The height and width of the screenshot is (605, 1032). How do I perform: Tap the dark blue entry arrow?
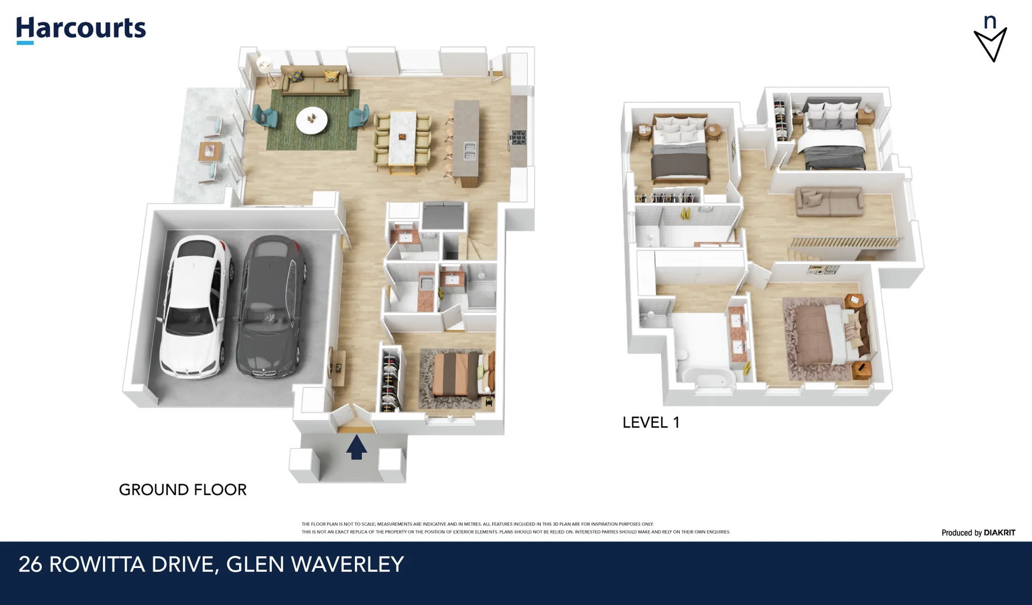356,447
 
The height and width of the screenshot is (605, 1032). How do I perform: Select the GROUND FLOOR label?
183,490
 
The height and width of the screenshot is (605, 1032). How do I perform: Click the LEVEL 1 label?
651,422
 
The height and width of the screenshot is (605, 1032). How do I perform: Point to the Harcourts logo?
81,29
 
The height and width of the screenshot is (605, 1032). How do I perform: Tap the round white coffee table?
312,120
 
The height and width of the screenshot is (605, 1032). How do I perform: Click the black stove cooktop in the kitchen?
518,137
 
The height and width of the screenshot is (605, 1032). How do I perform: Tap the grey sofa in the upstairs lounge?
829,202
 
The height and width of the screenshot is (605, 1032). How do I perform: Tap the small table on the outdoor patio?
210,151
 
